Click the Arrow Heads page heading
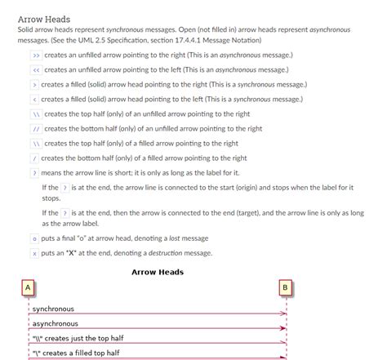tap(43, 19)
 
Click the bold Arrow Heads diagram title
tap(158, 272)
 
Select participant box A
tap(28, 288)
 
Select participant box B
tap(285, 288)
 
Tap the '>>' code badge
tap(36, 55)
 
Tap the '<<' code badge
tap(36, 69)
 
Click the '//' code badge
tap(36, 128)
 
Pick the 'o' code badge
tap(34, 238)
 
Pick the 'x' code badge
tap(34, 253)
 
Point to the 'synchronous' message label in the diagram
tap(53, 309)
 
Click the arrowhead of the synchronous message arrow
tap(284, 313)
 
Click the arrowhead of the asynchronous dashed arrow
tap(284, 328)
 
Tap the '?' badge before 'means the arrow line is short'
tap(34, 172)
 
